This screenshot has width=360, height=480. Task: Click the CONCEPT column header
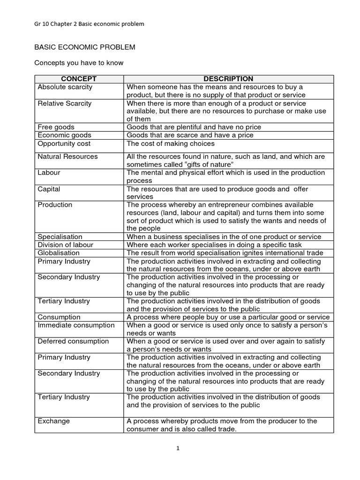tap(79, 79)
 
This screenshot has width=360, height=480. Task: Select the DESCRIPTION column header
tap(229, 79)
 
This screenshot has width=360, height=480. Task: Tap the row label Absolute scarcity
tap(65, 87)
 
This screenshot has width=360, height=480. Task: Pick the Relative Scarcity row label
tap(64, 103)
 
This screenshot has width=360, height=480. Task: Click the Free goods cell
tap(56, 127)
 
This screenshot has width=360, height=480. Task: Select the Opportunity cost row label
tap(64, 143)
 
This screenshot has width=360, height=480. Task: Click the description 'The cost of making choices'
tap(171, 143)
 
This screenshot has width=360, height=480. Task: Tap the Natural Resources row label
tap(67, 157)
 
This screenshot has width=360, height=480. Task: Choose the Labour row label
tap(49, 172)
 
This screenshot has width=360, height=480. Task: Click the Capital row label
tap(49, 189)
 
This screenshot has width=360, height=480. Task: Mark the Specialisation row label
tap(60, 237)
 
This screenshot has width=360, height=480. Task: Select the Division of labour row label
tap(65, 245)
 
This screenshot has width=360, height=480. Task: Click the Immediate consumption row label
tap(76, 325)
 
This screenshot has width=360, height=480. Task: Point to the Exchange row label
tap(53, 421)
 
